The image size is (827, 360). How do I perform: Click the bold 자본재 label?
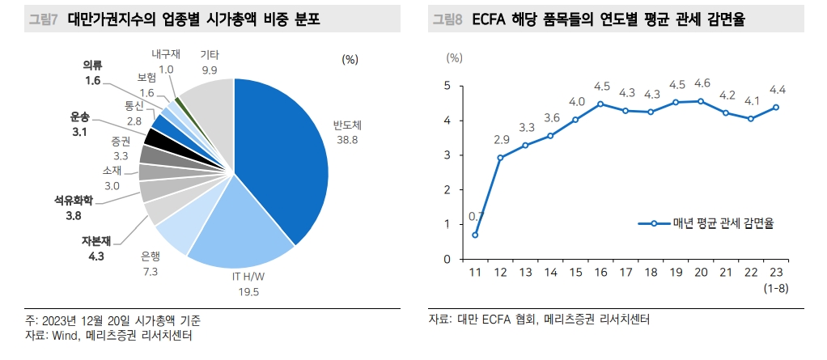pos(94,241)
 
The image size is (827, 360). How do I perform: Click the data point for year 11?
pos(475,235)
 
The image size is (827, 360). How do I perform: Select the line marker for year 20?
pos(701,101)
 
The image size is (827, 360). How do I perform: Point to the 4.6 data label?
pos(702,83)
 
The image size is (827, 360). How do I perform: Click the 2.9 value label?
pos(501,140)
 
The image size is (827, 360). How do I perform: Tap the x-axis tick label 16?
pos(600,273)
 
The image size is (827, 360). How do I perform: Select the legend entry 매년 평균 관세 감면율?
pos(712,223)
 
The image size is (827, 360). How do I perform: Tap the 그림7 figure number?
pos(42,19)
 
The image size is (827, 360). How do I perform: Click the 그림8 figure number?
pos(447,19)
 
